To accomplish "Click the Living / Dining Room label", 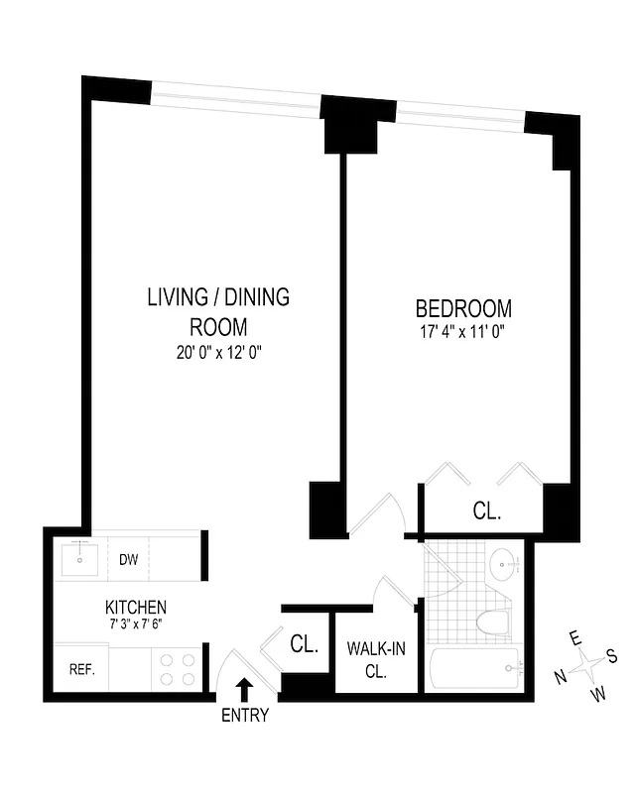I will coord(218,311).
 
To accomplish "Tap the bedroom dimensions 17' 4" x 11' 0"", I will coord(463,333).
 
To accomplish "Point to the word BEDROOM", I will coord(463,308).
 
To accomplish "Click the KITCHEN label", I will coord(136,607).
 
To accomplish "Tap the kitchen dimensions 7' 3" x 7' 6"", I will coord(136,624).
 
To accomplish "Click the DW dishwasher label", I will coord(128,560).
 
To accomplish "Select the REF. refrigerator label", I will coord(80,669).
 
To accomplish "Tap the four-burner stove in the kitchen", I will coord(176,669).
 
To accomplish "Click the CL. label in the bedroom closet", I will coord(486,512).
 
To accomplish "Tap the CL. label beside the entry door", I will coord(305,644).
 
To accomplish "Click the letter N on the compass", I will coord(560,676).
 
